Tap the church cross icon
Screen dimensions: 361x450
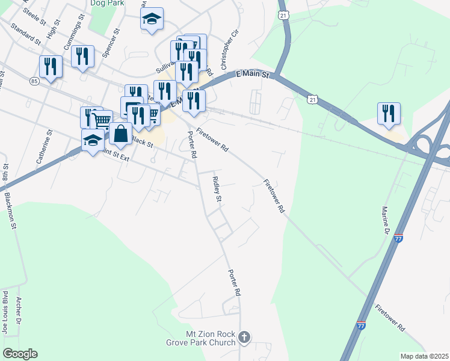(x=244, y=338)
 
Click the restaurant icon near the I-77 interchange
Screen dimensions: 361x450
(x=389, y=113)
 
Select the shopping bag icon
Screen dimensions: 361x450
(x=120, y=134)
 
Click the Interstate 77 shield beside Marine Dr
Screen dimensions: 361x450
(x=398, y=238)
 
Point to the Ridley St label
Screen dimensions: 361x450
(x=217, y=190)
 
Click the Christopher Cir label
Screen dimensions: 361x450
(x=225, y=48)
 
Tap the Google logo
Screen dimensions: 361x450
(x=20, y=354)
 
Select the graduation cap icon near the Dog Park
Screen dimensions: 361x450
(x=152, y=19)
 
